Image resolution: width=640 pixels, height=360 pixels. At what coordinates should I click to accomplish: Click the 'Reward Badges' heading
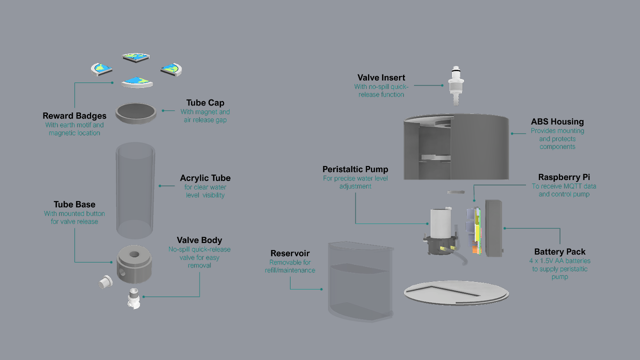(x=74, y=116)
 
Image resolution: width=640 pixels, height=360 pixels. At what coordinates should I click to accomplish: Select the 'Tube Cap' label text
(x=205, y=103)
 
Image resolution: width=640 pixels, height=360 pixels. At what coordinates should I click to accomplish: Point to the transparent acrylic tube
(x=135, y=190)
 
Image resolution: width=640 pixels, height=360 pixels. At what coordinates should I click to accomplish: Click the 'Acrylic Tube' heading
(x=205, y=178)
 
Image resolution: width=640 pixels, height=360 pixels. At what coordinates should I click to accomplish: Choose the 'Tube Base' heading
(x=74, y=204)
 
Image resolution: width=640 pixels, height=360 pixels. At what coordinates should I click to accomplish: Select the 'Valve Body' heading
(x=199, y=240)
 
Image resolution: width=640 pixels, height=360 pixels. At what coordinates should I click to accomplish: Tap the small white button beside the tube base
(x=105, y=282)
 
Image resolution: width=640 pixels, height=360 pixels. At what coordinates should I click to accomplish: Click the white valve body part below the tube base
(x=134, y=298)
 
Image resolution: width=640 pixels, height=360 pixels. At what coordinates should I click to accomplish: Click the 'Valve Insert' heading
(x=381, y=77)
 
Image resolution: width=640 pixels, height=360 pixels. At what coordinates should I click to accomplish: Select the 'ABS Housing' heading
(x=557, y=121)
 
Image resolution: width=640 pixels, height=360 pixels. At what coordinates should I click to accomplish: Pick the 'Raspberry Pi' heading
(x=564, y=177)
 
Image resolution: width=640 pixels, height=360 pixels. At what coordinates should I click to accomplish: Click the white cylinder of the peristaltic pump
(x=440, y=223)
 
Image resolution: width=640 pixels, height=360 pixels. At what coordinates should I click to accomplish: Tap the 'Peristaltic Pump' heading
(x=355, y=169)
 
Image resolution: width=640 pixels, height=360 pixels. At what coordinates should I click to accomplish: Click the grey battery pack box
(x=493, y=227)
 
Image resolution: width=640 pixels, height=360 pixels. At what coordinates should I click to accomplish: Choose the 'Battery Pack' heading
(x=559, y=252)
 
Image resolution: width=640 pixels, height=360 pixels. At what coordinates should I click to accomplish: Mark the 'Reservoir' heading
(x=290, y=253)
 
